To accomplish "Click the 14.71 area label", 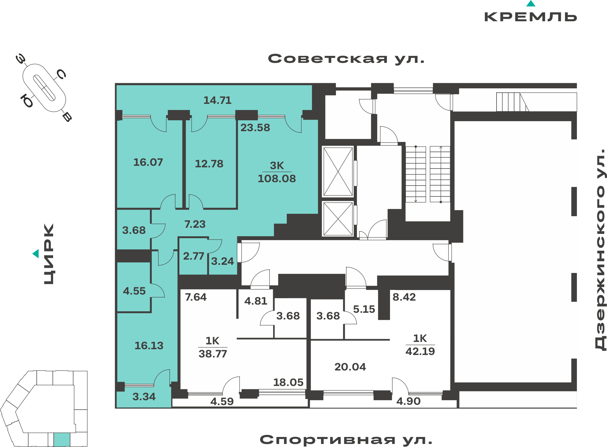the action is [x=217, y=100].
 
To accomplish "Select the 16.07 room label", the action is [x=148, y=162].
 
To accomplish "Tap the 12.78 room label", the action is [x=209, y=164].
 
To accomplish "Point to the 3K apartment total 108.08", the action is [x=277, y=179].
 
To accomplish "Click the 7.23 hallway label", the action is [x=195, y=224].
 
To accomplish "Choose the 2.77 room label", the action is [x=193, y=256].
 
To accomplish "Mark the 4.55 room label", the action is [x=134, y=291].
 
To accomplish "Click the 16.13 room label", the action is [x=149, y=346].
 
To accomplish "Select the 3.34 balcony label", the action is [x=144, y=397].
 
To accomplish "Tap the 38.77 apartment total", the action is [x=213, y=354].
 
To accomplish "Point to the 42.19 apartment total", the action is [x=420, y=351].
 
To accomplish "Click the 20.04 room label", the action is [x=350, y=367].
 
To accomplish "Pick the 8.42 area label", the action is [x=404, y=297].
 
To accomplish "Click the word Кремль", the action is [x=531, y=17].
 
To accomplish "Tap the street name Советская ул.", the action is [x=346, y=59].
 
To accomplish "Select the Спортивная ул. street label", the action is [x=346, y=439].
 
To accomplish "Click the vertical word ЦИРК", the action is [x=49, y=254].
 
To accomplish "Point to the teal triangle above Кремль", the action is [x=531, y=3].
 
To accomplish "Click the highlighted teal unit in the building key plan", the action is [x=62, y=440].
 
